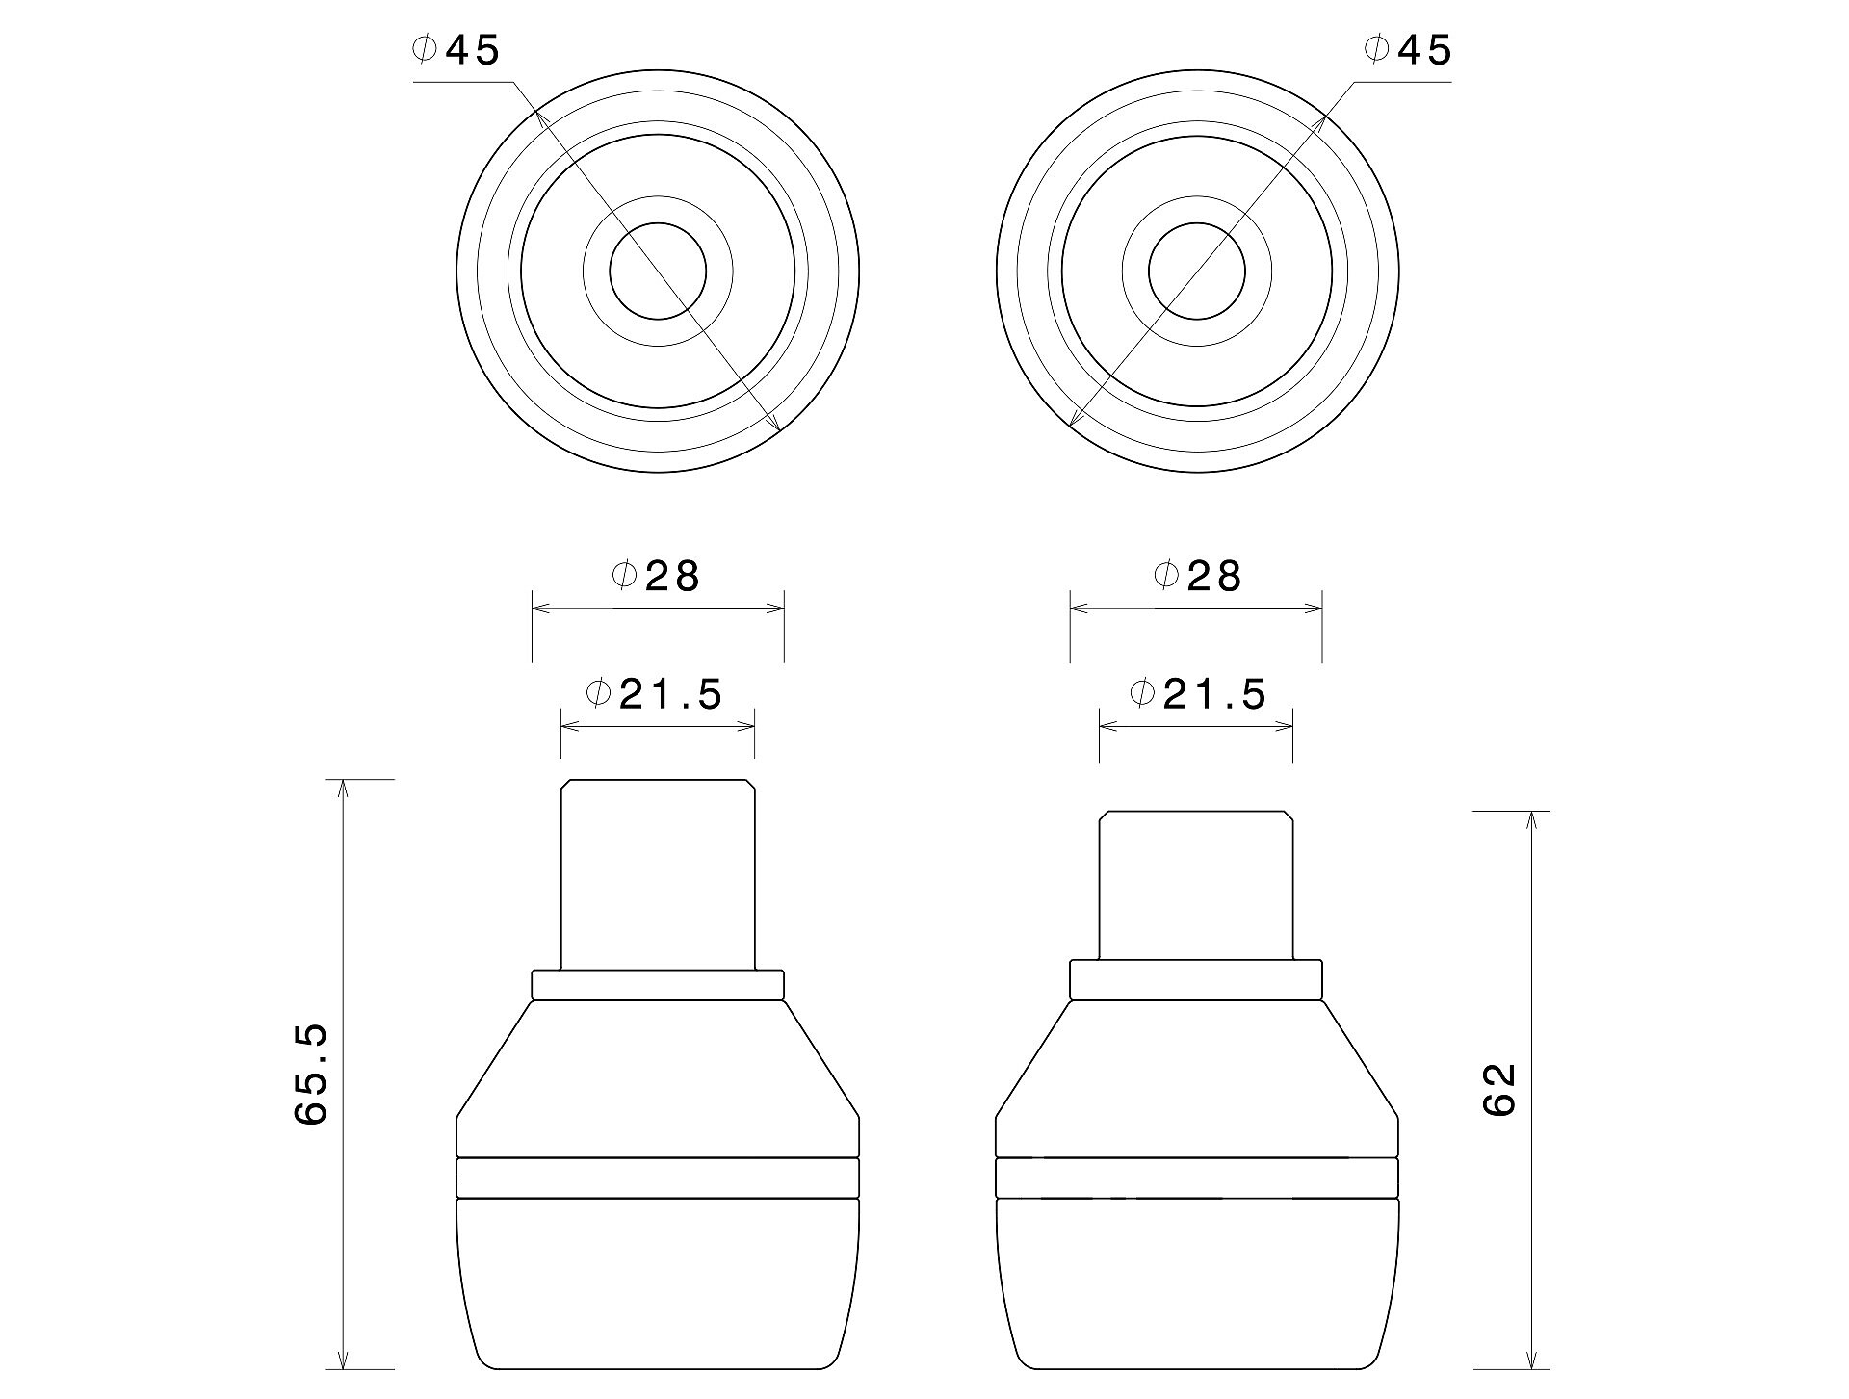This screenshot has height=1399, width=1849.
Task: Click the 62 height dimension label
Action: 1500,1090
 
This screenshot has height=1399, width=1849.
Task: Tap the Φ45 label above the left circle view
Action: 456,50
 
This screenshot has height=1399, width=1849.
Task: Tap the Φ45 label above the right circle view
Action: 1407,50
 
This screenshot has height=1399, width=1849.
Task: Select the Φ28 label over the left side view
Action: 656,576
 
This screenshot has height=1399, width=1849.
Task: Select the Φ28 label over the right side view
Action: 1197,576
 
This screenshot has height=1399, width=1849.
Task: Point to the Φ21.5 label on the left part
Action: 654,693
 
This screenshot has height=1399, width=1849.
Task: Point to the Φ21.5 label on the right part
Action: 1197,693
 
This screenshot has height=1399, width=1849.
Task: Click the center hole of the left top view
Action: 658,272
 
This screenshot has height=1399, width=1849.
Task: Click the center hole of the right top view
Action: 1197,272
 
